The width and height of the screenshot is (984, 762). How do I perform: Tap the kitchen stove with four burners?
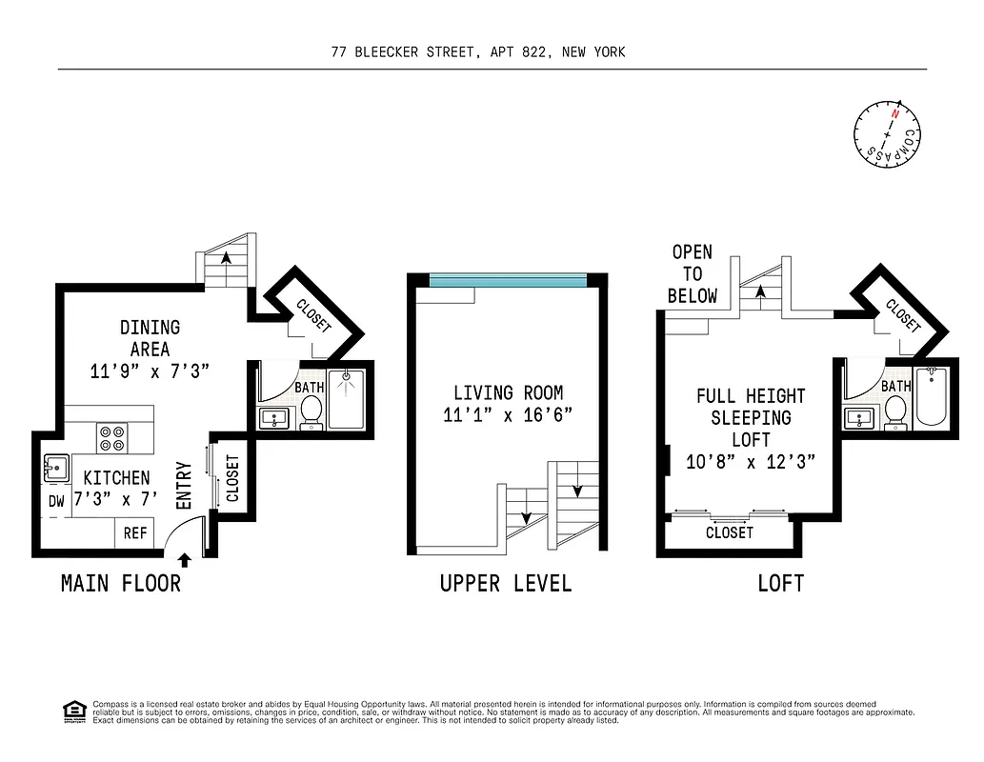pyautogui.click(x=111, y=438)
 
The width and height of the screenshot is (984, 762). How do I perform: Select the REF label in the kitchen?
pyautogui.click(x=135, y=533)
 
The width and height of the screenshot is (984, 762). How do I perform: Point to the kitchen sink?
pyautogui.click(x=55, y=468)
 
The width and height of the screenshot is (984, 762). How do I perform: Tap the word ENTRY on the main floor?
pyautogui.click(x=184, y=485)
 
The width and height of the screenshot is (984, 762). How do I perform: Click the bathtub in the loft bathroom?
pyautogui.click(x=930, y=398)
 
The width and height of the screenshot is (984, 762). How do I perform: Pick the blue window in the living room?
pyautogui.click(x=507, y=280)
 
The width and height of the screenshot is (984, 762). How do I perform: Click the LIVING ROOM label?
pyautogui.click(x=508, y=392)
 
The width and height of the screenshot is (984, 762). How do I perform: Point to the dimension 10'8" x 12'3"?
pyautogui.click(x=750, y=463)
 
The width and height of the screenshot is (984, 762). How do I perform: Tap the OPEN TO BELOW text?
pyautogui.click(x=693, y=273)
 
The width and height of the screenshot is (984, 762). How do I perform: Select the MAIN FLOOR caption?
pyautogui.click(x=121, y=583)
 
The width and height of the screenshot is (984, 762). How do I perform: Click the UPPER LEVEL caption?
pyautogui.click(x=506, y=583)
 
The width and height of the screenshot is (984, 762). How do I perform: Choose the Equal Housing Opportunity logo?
pyautogui.click(x=71, y=711)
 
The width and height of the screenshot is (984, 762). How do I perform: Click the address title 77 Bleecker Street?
pyautogui.click(x=478, y=52)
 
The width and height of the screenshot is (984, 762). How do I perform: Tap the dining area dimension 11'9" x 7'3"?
pyautogui.click(x=150, y=371)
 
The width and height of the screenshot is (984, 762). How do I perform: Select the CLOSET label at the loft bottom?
pyautogui.click(x=730, y=533)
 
